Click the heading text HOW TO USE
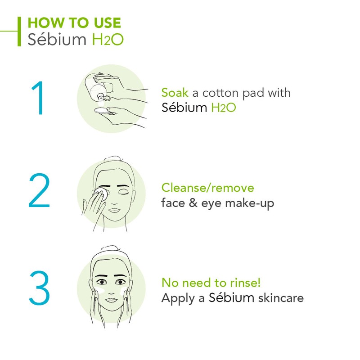74,23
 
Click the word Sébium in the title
57,39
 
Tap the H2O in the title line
108,39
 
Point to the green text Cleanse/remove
207,187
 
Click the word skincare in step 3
281,298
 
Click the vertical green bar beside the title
19,31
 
